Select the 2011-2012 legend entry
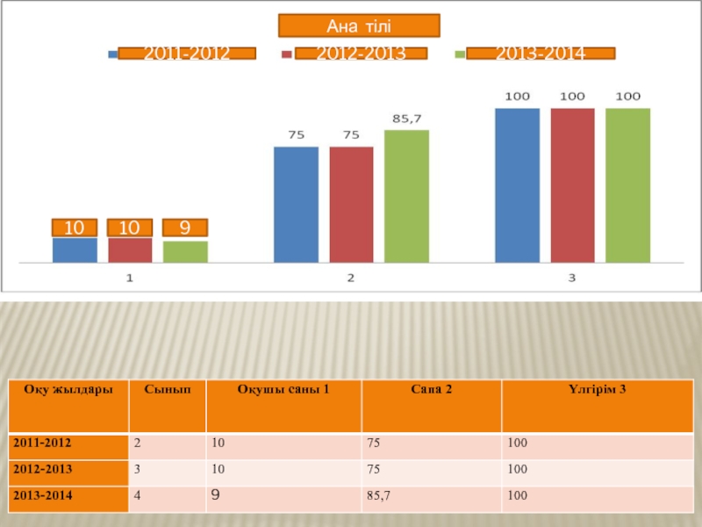point(187,54)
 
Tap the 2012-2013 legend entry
point(361,54)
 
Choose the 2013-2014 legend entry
point(541,54)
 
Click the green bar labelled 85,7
point(406,196)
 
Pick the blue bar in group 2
point(296,204)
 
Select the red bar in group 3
point(572,184)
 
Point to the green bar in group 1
point(185,251)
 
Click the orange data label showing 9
point(185,228)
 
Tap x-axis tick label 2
point(351,278)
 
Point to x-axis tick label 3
point(571,278)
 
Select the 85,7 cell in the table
point(379,497)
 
